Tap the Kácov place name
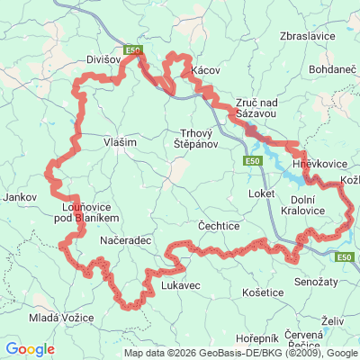[205, 70]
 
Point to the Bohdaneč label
[335, 68]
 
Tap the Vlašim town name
[120, 141]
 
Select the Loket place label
[260, 193]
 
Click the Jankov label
[20, 196]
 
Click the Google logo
[30, 349]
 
